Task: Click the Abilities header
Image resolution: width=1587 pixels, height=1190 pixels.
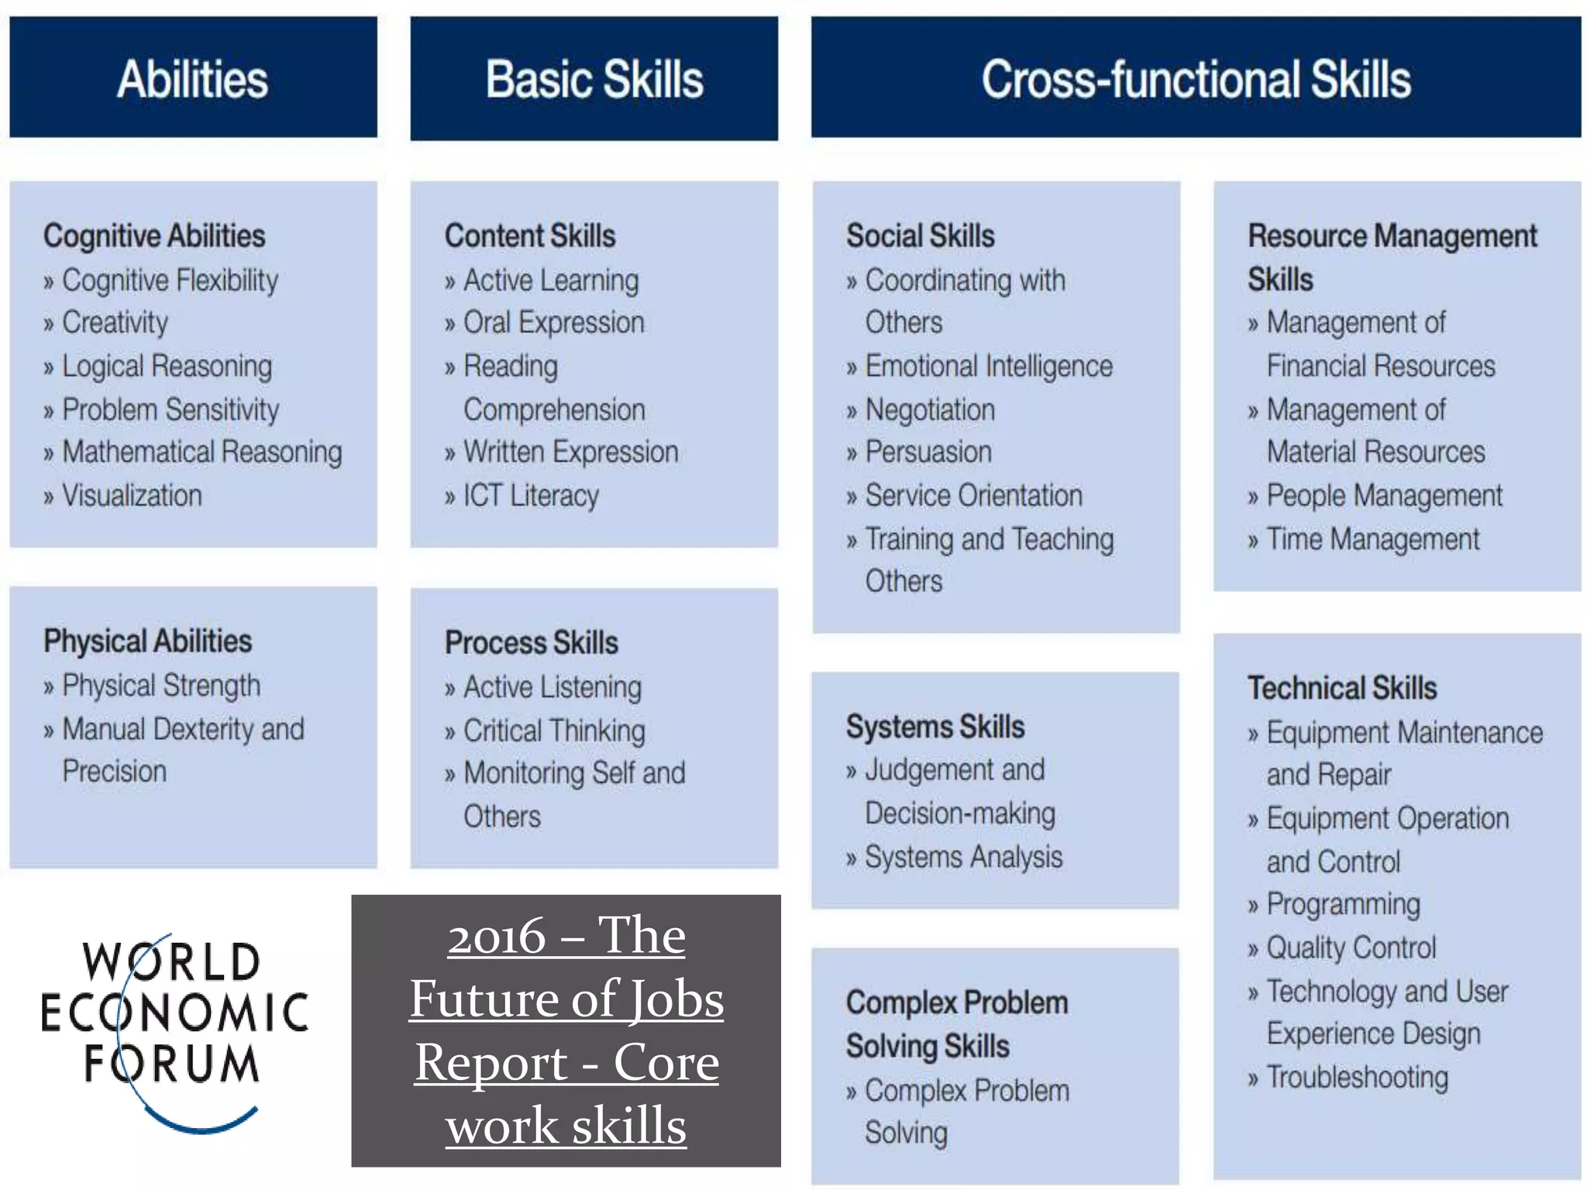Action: coord(193,79)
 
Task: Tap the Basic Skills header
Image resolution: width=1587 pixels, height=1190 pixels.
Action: coord(594,79)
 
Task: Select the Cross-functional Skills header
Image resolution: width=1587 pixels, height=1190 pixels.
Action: coord(1196,79)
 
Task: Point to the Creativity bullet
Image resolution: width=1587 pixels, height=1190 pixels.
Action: coord(115,322)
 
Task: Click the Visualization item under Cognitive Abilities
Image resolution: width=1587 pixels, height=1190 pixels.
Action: coord(132,496)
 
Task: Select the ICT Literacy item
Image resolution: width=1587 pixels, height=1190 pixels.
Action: coord(531,496)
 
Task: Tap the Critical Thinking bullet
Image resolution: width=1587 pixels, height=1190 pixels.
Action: coord(554,731)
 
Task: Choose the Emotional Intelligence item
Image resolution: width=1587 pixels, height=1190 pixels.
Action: coord(989,366)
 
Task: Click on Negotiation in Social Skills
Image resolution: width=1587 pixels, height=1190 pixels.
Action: coord(930,410)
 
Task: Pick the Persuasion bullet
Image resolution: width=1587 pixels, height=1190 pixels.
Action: coord(928,452)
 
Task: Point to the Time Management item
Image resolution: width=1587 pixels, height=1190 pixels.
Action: coord(1372,539)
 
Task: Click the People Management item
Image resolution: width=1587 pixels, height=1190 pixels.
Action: coord(1384,496)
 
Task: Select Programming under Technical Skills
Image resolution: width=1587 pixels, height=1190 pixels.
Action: coord(1343,904)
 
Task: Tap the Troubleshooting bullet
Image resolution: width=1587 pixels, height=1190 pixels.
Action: coord(1357,1077)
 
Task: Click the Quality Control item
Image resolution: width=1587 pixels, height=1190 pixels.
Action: coord(1351,948)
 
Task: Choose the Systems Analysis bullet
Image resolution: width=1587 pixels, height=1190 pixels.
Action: coord(963,857)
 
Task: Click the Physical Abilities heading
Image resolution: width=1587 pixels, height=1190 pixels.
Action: coord(147,641)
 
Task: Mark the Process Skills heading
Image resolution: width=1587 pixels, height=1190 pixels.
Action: coord(532,643)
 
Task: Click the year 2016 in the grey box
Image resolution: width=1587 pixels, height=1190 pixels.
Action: coord(497,937)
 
